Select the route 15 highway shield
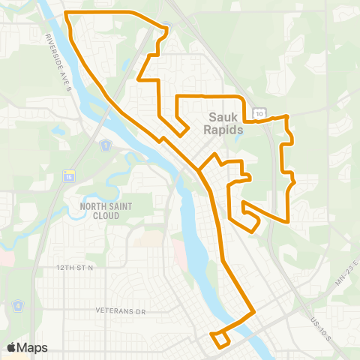pos(68,176)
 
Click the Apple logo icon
pos(13,347)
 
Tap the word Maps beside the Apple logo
pos(33,347)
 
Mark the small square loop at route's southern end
pos(220,340)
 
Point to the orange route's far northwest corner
pos(67,13)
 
